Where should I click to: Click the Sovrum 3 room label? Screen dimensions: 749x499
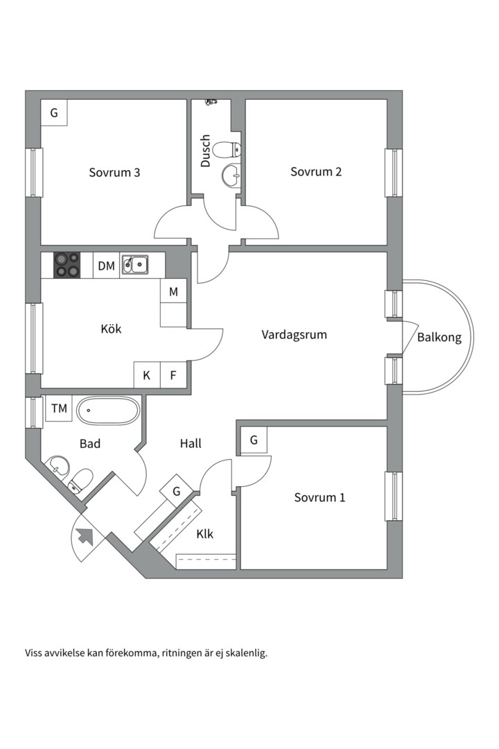click(114, 172)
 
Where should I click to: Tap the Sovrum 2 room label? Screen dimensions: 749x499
click(315, 172)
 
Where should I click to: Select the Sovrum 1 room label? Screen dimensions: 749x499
click(319, 497)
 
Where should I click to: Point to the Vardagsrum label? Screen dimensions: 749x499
click(294, 334)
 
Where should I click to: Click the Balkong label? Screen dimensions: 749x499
click(439, 338)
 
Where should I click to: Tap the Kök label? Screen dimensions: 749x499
click(111, 329)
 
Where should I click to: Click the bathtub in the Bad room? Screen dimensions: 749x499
click(108, 411)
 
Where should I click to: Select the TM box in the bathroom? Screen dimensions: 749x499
click(59, 408)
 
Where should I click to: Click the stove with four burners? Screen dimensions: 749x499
click(67, 265)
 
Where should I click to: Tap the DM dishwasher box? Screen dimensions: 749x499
click(106, 266)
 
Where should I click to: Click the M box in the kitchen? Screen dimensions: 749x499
click(173, 292)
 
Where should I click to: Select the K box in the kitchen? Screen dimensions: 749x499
click(147, 376)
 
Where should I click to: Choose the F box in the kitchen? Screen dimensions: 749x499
click(173, 376)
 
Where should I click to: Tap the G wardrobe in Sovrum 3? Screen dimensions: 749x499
click(54, 112)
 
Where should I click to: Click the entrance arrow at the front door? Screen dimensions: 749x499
click(86, 535)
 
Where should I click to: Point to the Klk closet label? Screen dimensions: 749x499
click(204, 534)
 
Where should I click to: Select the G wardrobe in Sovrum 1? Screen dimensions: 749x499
click(254, 440)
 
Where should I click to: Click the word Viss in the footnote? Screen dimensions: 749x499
click(35, 653)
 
